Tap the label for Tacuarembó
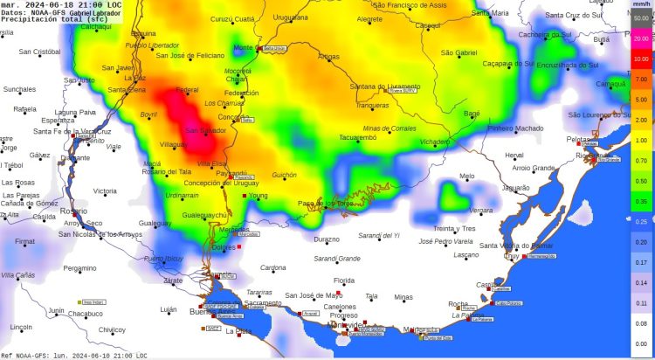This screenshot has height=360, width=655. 362,137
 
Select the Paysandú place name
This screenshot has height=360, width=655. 231,173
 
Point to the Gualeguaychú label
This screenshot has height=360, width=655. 204,215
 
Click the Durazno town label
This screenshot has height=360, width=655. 327,239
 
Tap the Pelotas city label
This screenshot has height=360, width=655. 578,139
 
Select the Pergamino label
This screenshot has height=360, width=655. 79,268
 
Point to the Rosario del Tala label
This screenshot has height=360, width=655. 167,171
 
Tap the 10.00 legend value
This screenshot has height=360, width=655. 641,59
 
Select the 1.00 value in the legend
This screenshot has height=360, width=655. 641,140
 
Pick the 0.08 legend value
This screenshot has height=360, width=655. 641,322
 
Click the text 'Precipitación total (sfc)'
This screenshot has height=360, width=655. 54,19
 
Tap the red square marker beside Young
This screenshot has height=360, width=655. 245,197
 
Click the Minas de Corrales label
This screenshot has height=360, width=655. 390,128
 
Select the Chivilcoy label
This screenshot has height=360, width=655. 112,329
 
